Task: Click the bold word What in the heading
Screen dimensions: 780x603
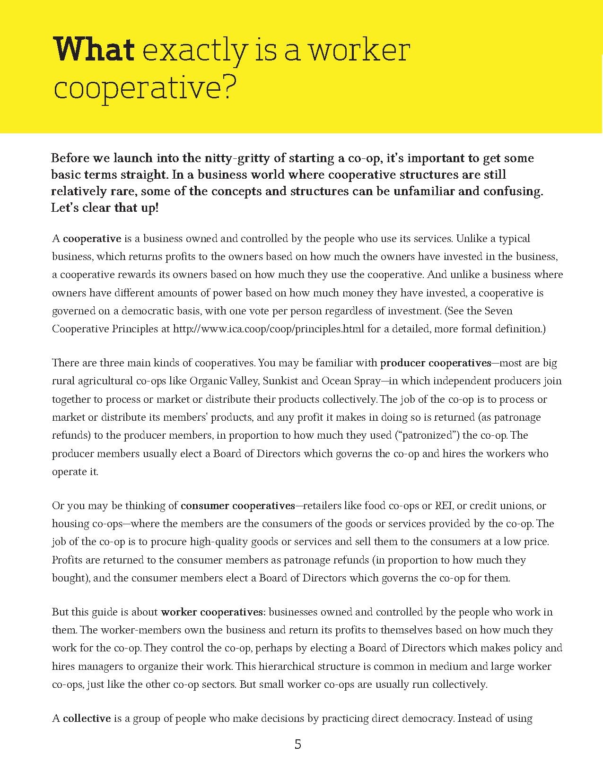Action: tap(95, 50)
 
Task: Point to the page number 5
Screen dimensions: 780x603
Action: tap(297, 745)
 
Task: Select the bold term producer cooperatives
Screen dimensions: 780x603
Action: tap(436, 363)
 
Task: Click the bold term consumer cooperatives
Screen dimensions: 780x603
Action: tap(237, 506)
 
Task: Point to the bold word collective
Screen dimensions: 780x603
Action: tap(87, 719)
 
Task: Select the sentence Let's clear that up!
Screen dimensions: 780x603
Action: tap(105, 208)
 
